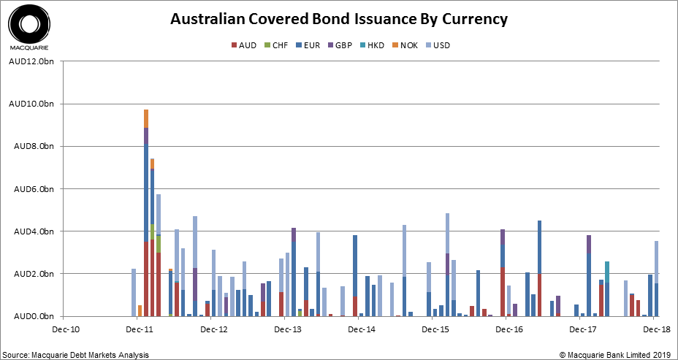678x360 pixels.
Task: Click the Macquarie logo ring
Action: pyautogui.click(x=30, y=24)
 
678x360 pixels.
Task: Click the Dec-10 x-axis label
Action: pyautogui.click(x=64, y=330)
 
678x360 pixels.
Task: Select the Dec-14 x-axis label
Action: pyautogui.click(x=361, y=330)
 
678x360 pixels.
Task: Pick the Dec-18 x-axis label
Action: pyautogui.click(x=657, y=330)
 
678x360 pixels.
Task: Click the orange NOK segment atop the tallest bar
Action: pyautogui.click(x=146, y=118)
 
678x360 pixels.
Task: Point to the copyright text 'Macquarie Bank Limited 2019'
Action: pyautogui.click(x=620, y=354)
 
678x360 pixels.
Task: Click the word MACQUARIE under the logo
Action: pyautogui.click(x=29, y=50)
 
